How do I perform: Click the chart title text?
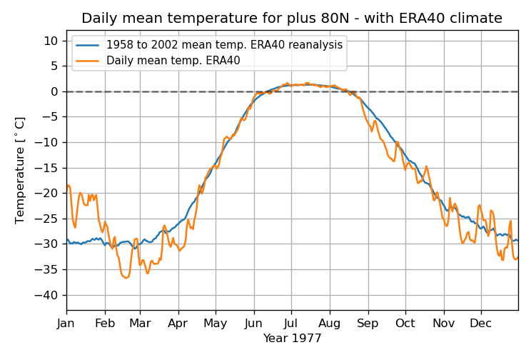coord(291,19)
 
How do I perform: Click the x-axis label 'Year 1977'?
coord(292,338)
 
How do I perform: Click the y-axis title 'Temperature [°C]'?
coord(20,170)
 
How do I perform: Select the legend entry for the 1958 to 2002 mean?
coord(224,45)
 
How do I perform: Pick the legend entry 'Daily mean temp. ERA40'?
coord(173,61)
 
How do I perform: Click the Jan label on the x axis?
coord(66,323)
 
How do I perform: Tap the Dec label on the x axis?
coord(480,323)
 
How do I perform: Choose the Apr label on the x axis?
coord(178,323)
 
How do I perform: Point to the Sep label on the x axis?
coord(368,323)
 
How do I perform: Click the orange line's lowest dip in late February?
coord(126,278)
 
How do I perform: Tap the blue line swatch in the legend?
coord(88,45)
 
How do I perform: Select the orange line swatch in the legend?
coord(88,61)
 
